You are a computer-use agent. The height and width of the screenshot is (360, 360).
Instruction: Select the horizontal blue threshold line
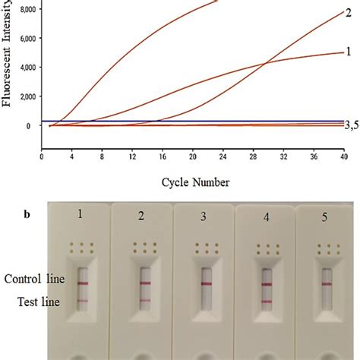coord(190,121)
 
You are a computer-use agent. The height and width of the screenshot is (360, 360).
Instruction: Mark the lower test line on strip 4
coord(267,301)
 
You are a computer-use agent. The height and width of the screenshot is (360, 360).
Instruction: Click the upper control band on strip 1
coord(83,283)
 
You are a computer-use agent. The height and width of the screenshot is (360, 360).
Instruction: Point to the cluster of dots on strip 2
coord(144,247)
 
